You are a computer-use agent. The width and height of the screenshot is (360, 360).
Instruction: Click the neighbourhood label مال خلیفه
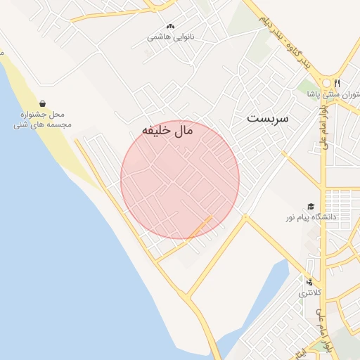pos(167,130)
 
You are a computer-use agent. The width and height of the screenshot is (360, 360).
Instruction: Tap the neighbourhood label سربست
pos(268,119)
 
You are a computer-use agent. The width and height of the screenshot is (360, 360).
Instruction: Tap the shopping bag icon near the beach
pos(44,103)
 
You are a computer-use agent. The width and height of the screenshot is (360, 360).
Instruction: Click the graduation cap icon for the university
pos(310,206)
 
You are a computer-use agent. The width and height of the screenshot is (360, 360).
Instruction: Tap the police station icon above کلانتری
pos(309,282)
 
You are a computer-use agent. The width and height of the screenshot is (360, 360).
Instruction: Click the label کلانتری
pos(309,292)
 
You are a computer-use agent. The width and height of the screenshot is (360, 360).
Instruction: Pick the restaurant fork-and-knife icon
pos(337,82)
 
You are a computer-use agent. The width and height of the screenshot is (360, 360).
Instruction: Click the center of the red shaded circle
pos(180,180)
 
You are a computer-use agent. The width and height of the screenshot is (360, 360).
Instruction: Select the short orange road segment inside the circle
pos(200,226)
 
